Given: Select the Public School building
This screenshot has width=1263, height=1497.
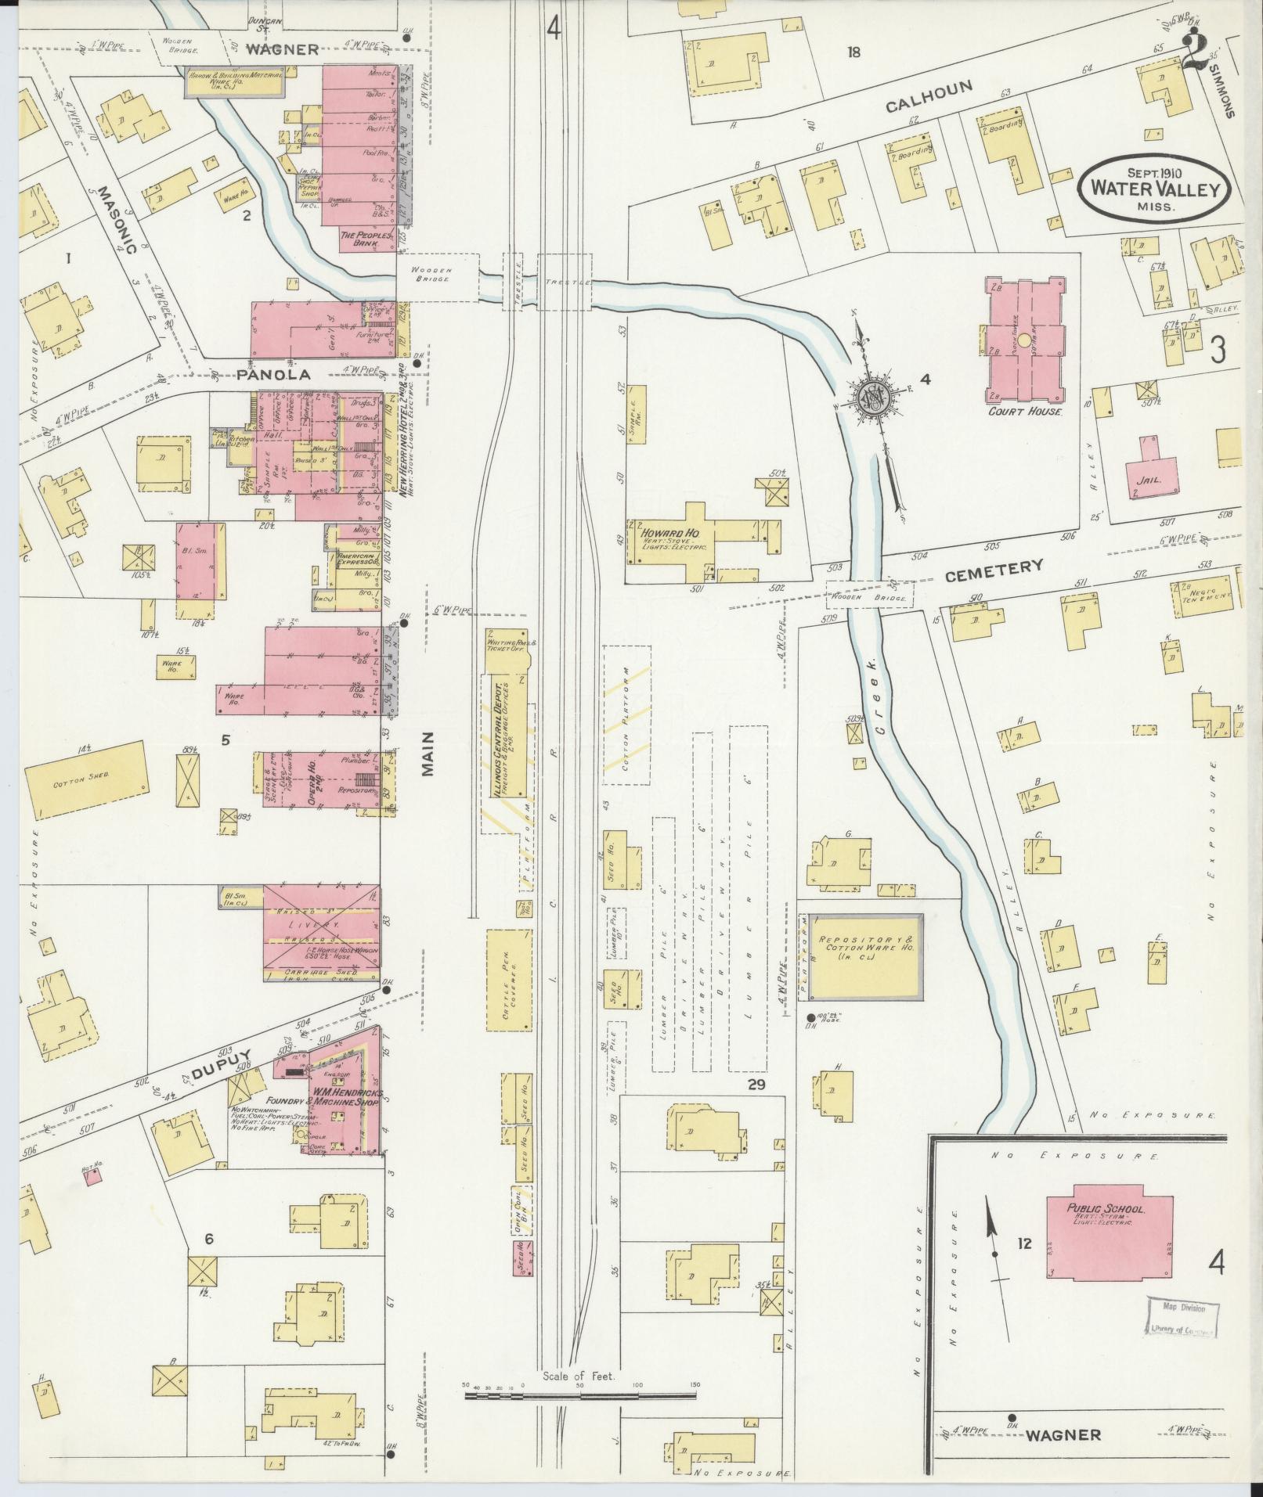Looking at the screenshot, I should pos(1109,1236).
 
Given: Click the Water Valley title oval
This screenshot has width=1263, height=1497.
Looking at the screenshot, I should pos(1155,189).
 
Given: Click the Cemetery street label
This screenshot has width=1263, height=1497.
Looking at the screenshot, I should pos(994,570).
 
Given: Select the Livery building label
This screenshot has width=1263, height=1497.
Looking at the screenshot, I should pos(322,923).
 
